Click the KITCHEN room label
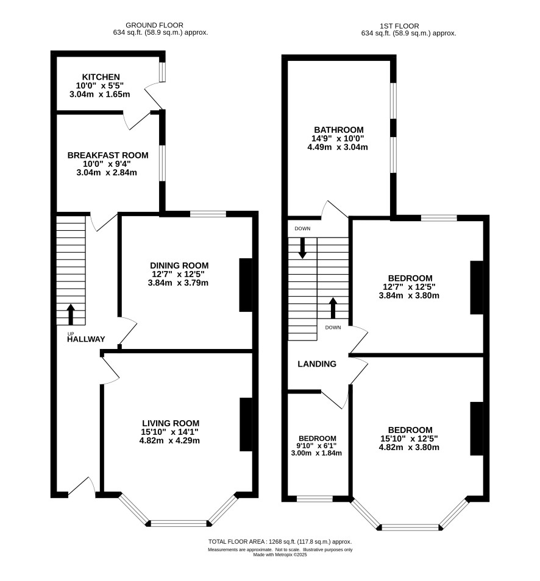pos(101,77)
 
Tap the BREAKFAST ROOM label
pos(108,155)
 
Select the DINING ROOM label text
pos(179,266)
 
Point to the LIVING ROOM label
pos(171,423)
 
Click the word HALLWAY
pos(86,339)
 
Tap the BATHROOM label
pos(339,130)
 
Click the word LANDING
pos(317,364)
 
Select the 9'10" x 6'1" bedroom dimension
pos(316,446)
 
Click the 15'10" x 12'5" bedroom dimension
pos(409,438)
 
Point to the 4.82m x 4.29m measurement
pos(169,440)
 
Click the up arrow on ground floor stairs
pos(71,315)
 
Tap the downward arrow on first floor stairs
pos(303,248)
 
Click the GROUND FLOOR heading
pos(154,25)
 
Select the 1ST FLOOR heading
pos(399,26)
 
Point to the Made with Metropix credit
pos(280,555)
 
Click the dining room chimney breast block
pos(246,285)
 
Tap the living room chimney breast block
pos(246,424)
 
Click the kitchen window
pos(163,71)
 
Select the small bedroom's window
pos(315,499)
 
